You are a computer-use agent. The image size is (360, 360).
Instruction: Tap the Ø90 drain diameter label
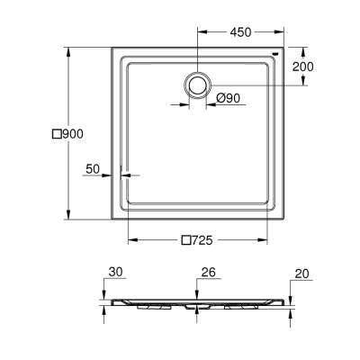tap(228, 97)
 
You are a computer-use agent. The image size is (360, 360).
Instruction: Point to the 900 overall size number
tap(72, 133)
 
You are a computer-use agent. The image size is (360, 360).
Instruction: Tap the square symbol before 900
tap(56, 133)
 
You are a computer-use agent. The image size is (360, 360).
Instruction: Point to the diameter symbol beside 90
tap(220, 97)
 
